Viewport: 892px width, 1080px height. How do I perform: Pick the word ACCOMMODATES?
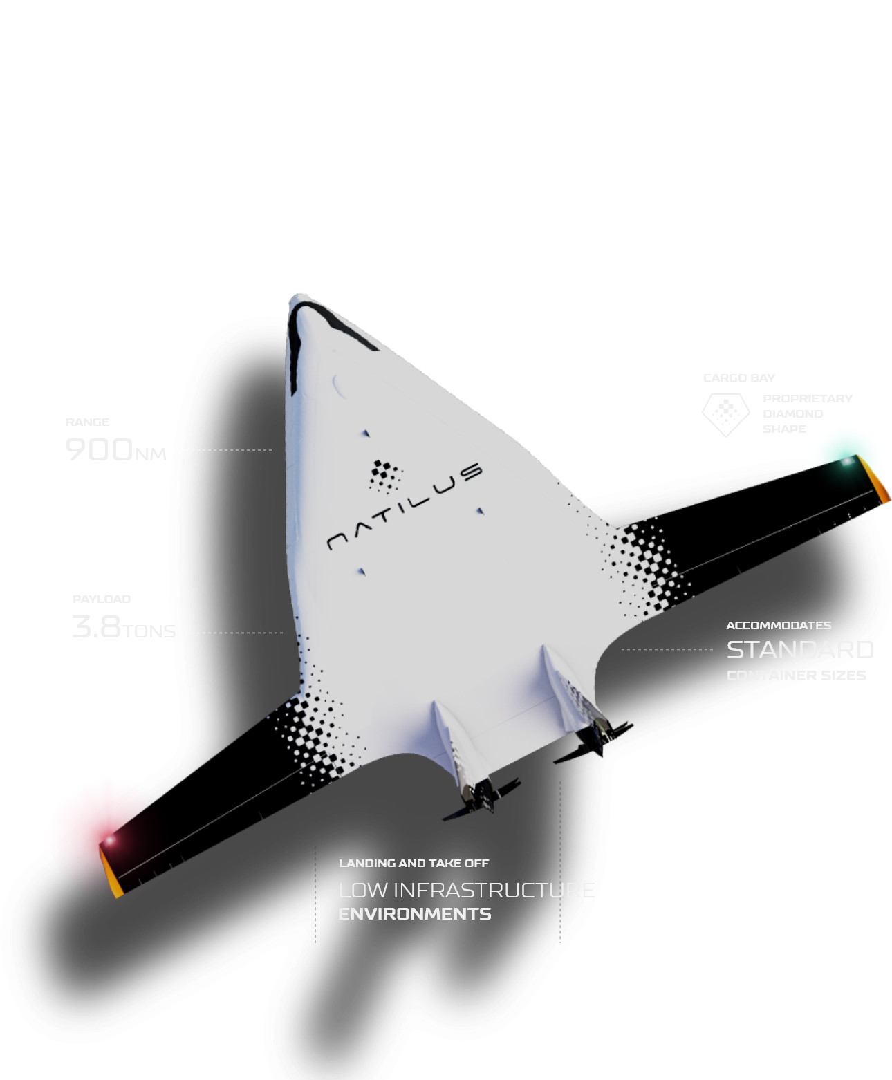pyautogui.click(x=779, y=626)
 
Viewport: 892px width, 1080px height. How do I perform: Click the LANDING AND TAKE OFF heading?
pyautogui.click(x=414, y=864)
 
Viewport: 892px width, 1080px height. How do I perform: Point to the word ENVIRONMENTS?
pyautogui.click(x=414, y=914)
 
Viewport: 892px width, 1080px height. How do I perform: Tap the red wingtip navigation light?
pyautogui.click(x=109, y=840)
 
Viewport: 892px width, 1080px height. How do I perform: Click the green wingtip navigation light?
pyautogui.click(x=846, y=460)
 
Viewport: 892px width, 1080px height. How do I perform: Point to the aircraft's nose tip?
pyautogui.click(x=299, y=299)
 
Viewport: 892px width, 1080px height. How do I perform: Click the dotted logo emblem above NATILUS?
pyautogui.click(x=384, y=475)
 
